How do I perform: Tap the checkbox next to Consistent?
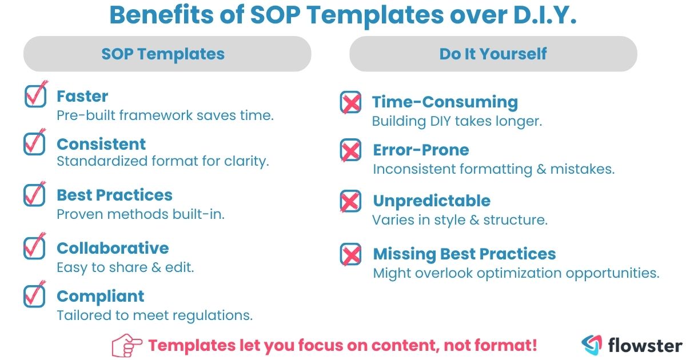[x=35, y=143]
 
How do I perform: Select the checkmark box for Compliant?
[x=35, y=295]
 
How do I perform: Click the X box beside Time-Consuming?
[x=350, y=103]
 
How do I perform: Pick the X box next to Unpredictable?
[x=350, y=201]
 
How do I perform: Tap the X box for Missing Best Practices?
[x=350, y=254]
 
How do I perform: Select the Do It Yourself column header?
[x=493, y=54]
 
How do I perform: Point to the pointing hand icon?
[x=127, y=345]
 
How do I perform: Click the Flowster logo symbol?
[x=592, y=345]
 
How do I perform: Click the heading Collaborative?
[x=113, y=248]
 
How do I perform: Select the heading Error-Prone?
[x=421, y=150]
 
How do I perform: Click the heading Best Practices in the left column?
[x=114, y=195]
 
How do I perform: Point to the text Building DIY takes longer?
[x=457, y=121]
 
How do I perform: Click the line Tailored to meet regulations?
[x=154, y=315]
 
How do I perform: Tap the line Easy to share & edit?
[x=125, y=267]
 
